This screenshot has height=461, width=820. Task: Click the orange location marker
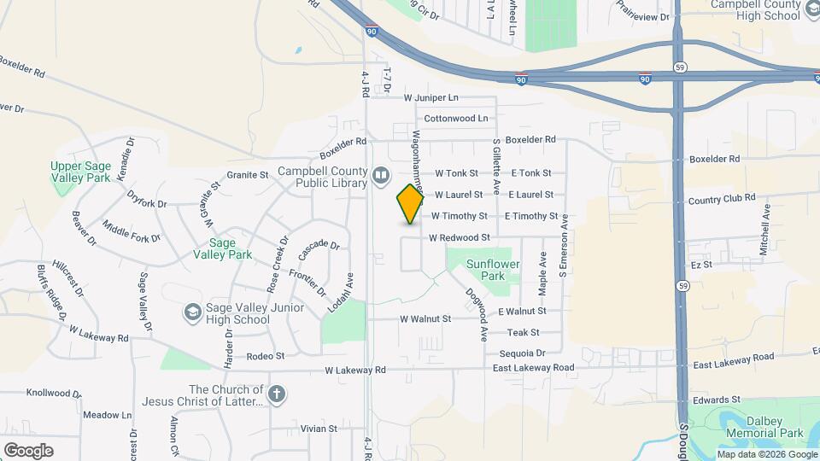tap(411, 204)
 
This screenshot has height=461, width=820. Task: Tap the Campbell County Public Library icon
tap(381, 177)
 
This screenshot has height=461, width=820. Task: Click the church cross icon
tap(276, 394)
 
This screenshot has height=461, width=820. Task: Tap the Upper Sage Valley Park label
tap(81, 172)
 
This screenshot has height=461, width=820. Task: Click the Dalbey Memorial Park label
tap(764, 428)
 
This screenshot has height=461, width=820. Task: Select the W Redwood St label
tap(460, 237)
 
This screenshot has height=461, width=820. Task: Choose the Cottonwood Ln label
tap(456, 118)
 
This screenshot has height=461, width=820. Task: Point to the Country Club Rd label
tap(722, 198)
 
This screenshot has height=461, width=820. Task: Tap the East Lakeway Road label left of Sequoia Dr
tap(534, 367)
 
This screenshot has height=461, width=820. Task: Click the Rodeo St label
tap(265, 356)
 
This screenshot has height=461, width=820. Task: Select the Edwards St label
tap(716, 400)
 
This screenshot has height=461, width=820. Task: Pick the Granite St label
tap(248, 175)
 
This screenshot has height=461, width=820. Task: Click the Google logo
tap(28, 450)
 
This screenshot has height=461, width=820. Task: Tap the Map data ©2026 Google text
tap(767, 454)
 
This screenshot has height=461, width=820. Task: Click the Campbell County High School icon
tap(811, 10)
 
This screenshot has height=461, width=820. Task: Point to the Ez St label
tap(701, 266)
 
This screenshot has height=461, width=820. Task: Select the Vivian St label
tap(319, 429)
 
